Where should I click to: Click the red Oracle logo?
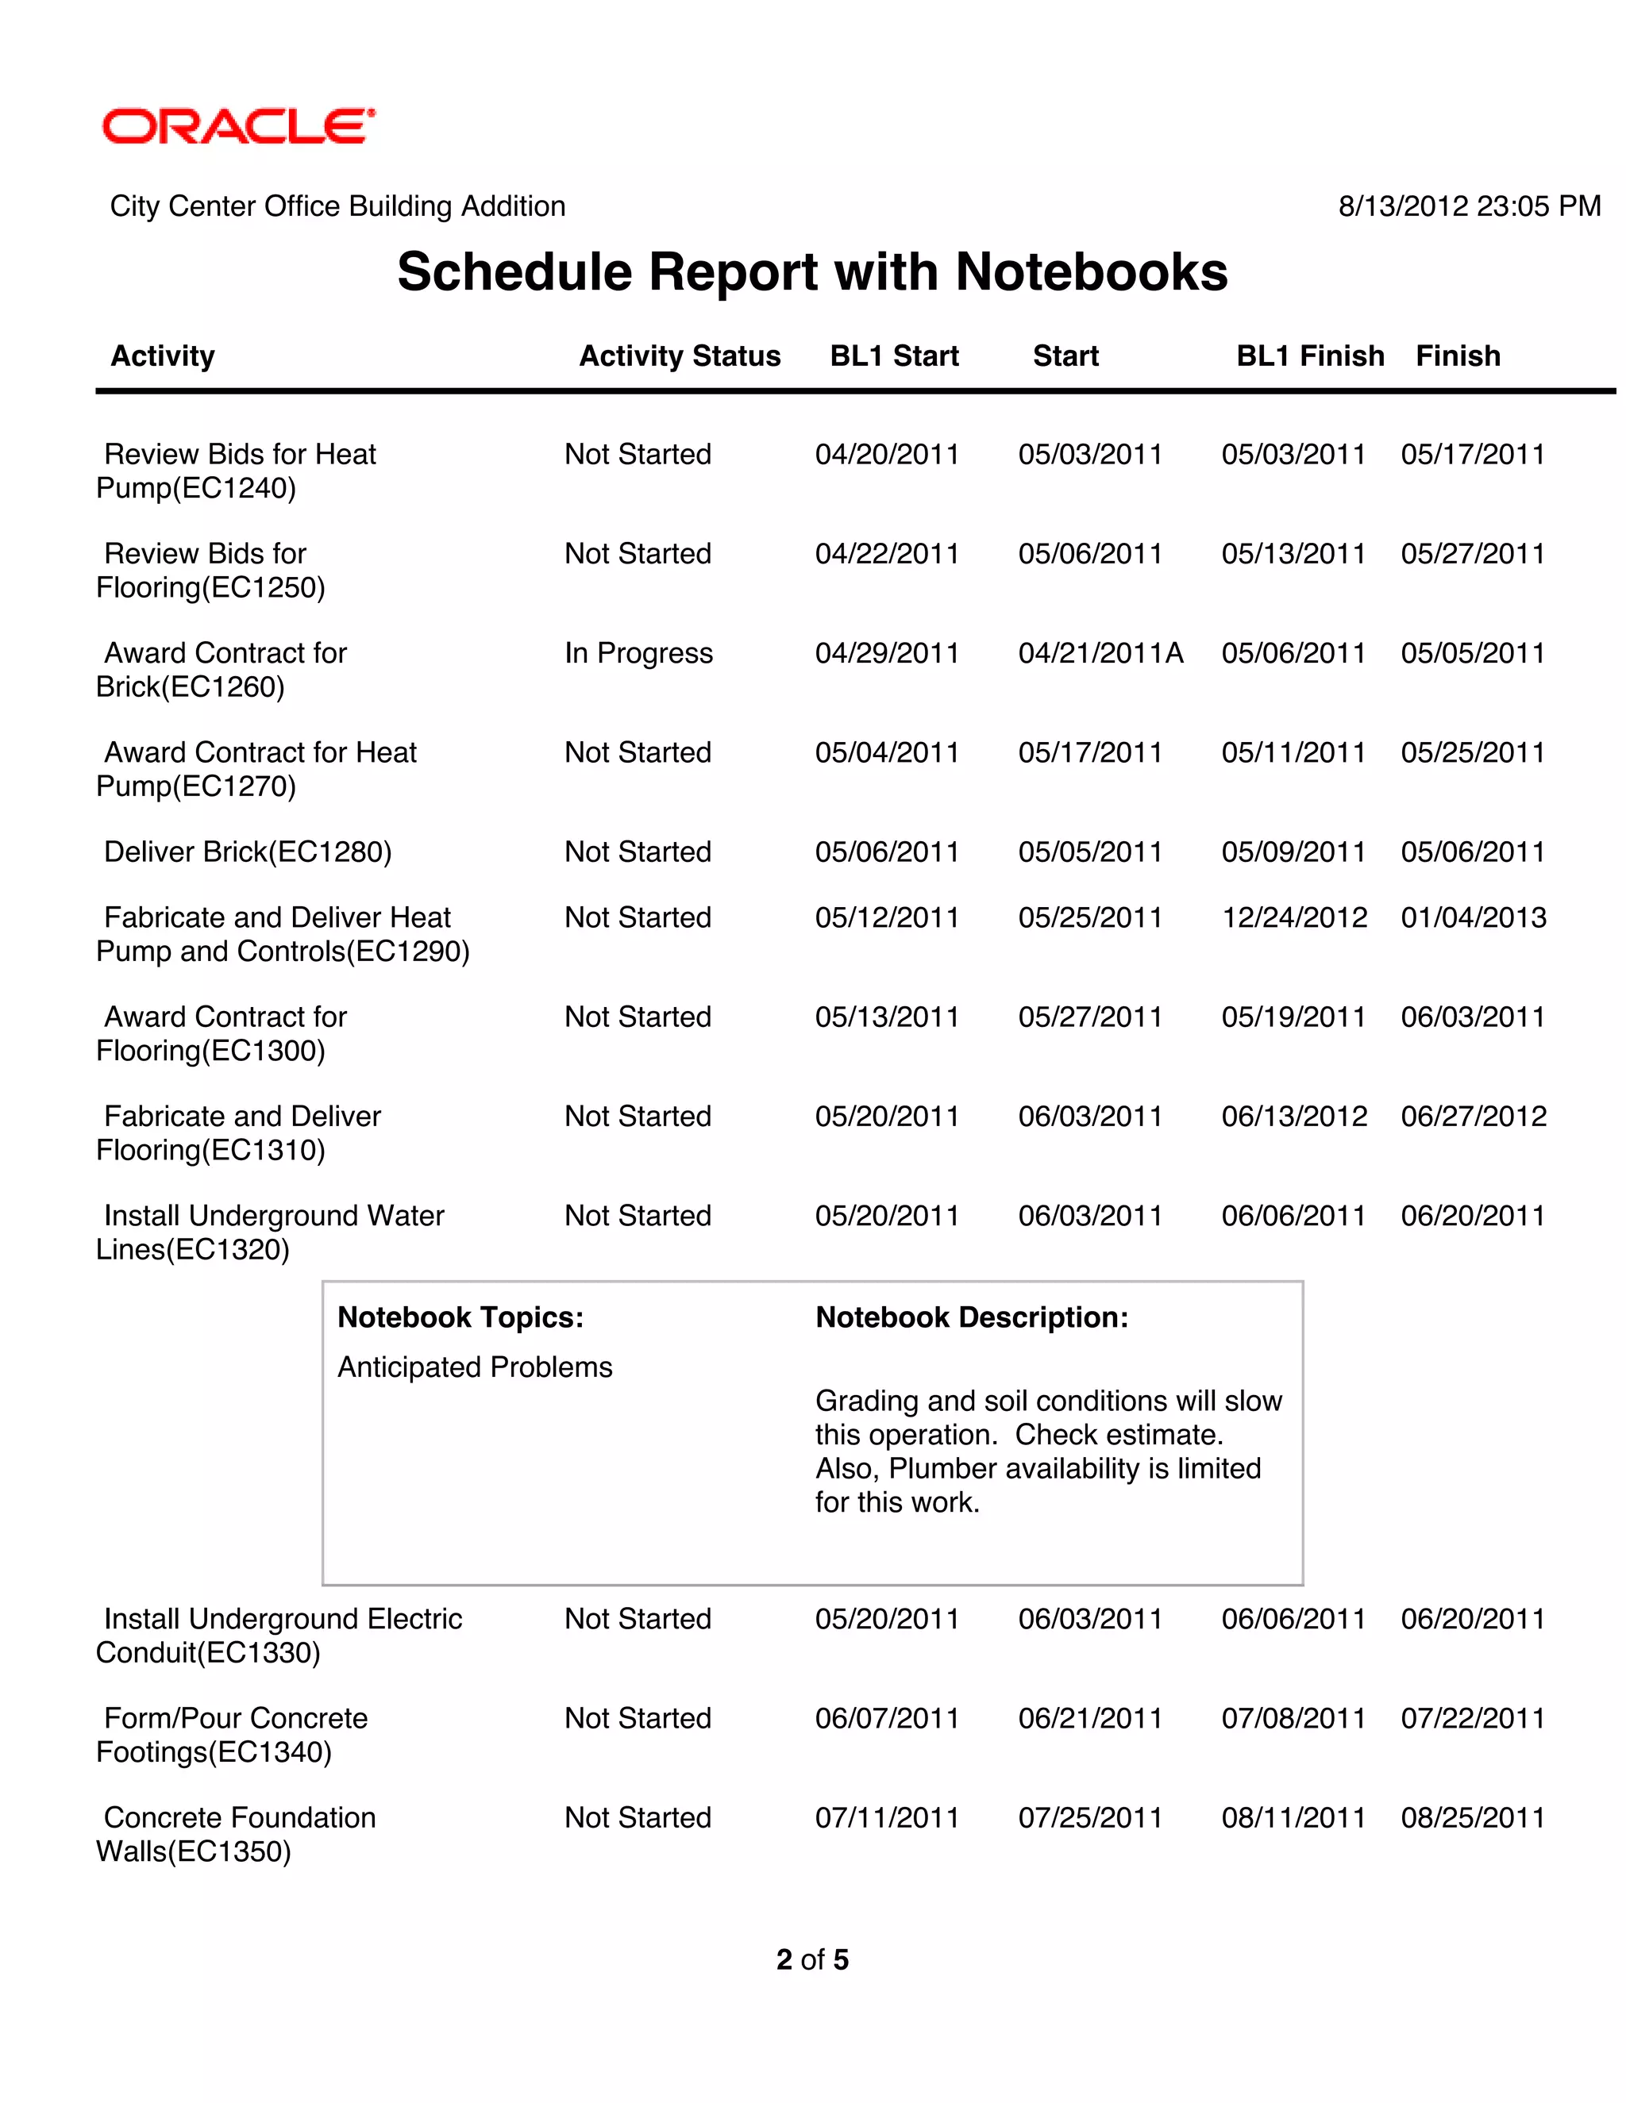238,126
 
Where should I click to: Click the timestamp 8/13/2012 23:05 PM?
1469,206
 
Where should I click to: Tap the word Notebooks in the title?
1090,271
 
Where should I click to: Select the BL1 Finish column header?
1309,356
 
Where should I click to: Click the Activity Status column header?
679,356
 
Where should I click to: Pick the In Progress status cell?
638,653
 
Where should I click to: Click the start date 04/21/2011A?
1100,653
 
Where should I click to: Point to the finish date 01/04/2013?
1473,917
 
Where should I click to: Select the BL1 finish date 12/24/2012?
1293,917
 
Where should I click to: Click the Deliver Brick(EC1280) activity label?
248,852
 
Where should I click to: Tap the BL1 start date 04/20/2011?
886,455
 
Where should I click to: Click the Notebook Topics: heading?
460,1317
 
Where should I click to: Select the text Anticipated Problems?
474,1367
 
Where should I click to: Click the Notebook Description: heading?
971,1317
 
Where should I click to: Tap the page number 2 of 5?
812,1959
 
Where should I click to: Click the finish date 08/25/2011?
1473,1818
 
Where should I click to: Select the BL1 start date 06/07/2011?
886,1719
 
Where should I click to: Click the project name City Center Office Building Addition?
337,206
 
